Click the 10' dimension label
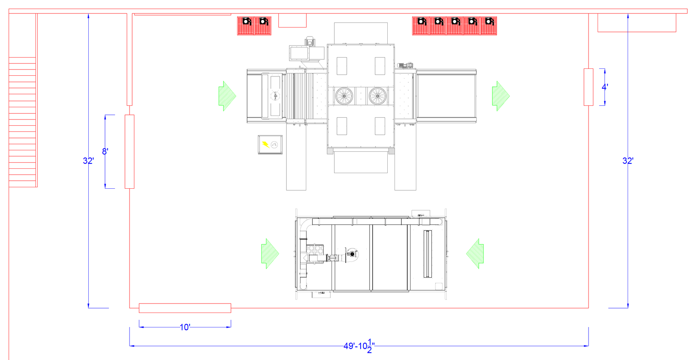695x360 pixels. pos(185,327)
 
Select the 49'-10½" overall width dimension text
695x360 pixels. pos(359,346)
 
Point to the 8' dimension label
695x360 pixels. pos(105,151)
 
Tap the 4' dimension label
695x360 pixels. pos(605,87)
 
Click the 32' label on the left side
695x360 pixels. pos(88,160)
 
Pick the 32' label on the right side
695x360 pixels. pos(628,160)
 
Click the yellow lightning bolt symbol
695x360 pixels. pos(266,145)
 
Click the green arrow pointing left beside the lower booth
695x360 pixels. pos(475,254)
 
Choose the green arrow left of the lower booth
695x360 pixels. pos(270,254)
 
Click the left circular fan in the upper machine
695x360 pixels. pos(344,96)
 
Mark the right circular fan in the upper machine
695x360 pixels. pos(378,96)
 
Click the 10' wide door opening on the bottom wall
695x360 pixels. pos(185,308)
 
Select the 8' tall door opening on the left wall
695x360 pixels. pos(130,152)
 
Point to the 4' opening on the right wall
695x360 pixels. pos(589,87)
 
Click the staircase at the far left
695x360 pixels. pos(22,122)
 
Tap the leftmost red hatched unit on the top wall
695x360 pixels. pos(246,26)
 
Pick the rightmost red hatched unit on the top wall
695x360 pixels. pos(489,26)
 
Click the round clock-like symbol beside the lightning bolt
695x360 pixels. pos(274,145)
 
